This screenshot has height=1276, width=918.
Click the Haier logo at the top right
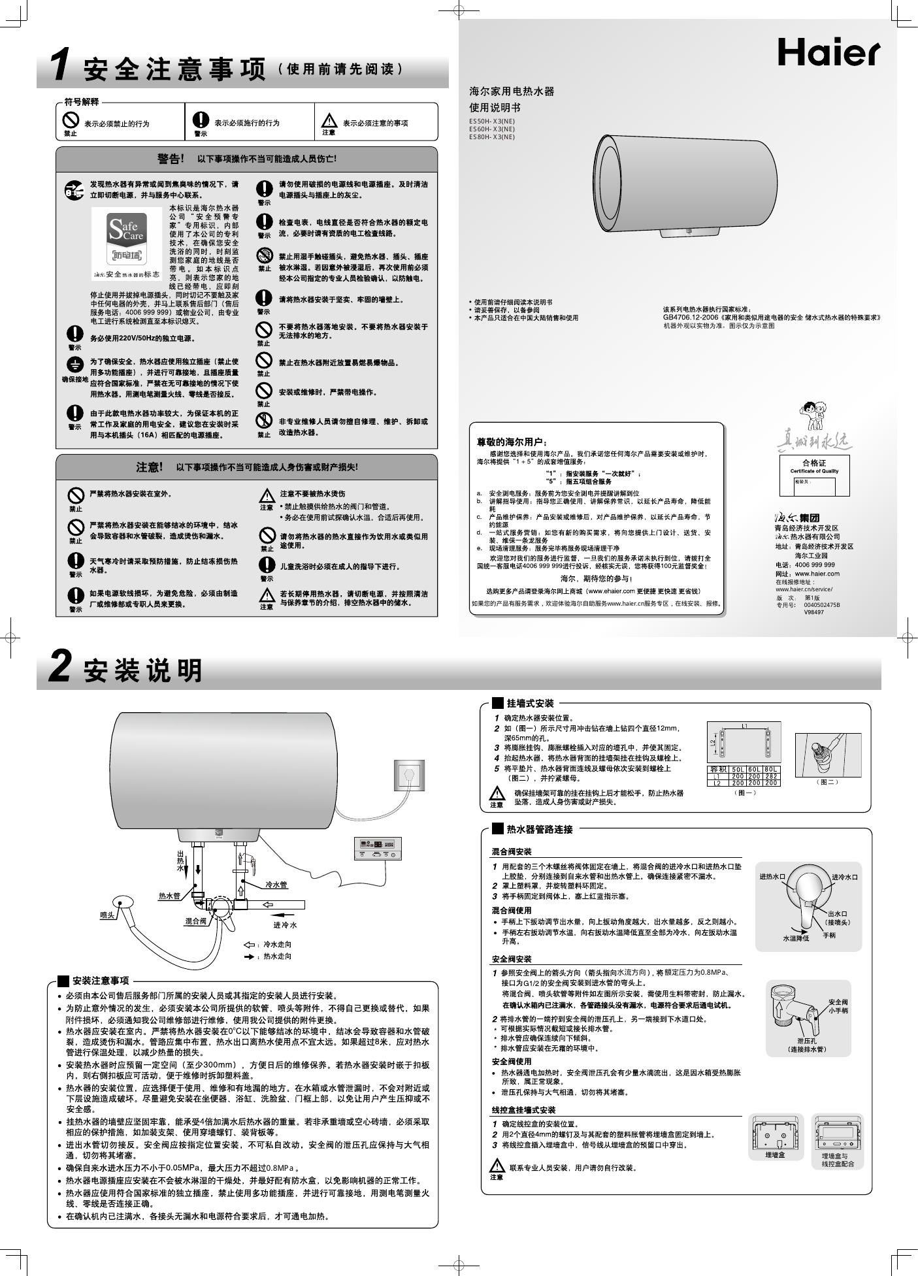click(828, 52)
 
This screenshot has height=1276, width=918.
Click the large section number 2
click(59, 668)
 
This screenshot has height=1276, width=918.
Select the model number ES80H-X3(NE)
click(491, 137)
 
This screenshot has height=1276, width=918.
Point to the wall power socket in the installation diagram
click(409, 776)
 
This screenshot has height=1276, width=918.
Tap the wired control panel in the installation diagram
click(378, 849)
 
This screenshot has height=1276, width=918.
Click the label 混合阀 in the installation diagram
click(195, 921)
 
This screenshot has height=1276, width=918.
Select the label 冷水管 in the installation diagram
click(276, 885)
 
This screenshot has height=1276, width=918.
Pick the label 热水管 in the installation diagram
click(169, 896)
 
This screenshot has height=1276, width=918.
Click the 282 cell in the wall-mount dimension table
click(771, 776)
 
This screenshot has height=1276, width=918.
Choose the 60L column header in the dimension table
click(755, 769)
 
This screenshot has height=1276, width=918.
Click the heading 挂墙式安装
click(530, 704)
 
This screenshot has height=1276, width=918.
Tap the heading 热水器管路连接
click(540, 829)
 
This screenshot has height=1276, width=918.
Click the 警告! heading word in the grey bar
click(171, 159)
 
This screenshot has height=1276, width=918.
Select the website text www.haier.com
click(817, 574)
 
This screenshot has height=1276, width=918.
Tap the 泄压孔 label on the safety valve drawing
click(807, 1040)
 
